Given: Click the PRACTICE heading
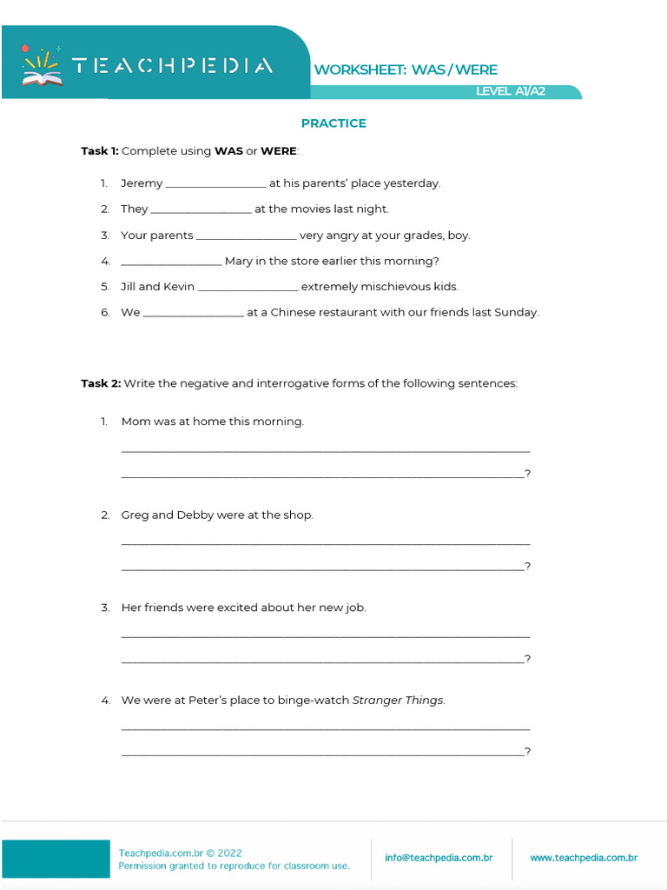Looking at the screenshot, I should tap(333, 123).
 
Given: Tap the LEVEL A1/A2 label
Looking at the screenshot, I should tap(511, 91).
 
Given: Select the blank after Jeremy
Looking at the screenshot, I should tap(215, 184).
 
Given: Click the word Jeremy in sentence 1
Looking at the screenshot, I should tap(142, 183).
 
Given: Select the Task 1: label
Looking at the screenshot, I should tap(100, 151).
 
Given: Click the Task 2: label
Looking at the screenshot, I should tap(101, 383).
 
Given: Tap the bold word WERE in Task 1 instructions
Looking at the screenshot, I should tap(279, 151).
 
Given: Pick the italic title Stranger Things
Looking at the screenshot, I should tap(398, 701).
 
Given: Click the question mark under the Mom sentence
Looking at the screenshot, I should tap(528, 474).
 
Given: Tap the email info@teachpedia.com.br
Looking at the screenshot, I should tap(439, 858).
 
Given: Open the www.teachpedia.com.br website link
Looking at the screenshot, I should tap(584, 858).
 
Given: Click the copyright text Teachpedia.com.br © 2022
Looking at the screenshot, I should tap(181, 853).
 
